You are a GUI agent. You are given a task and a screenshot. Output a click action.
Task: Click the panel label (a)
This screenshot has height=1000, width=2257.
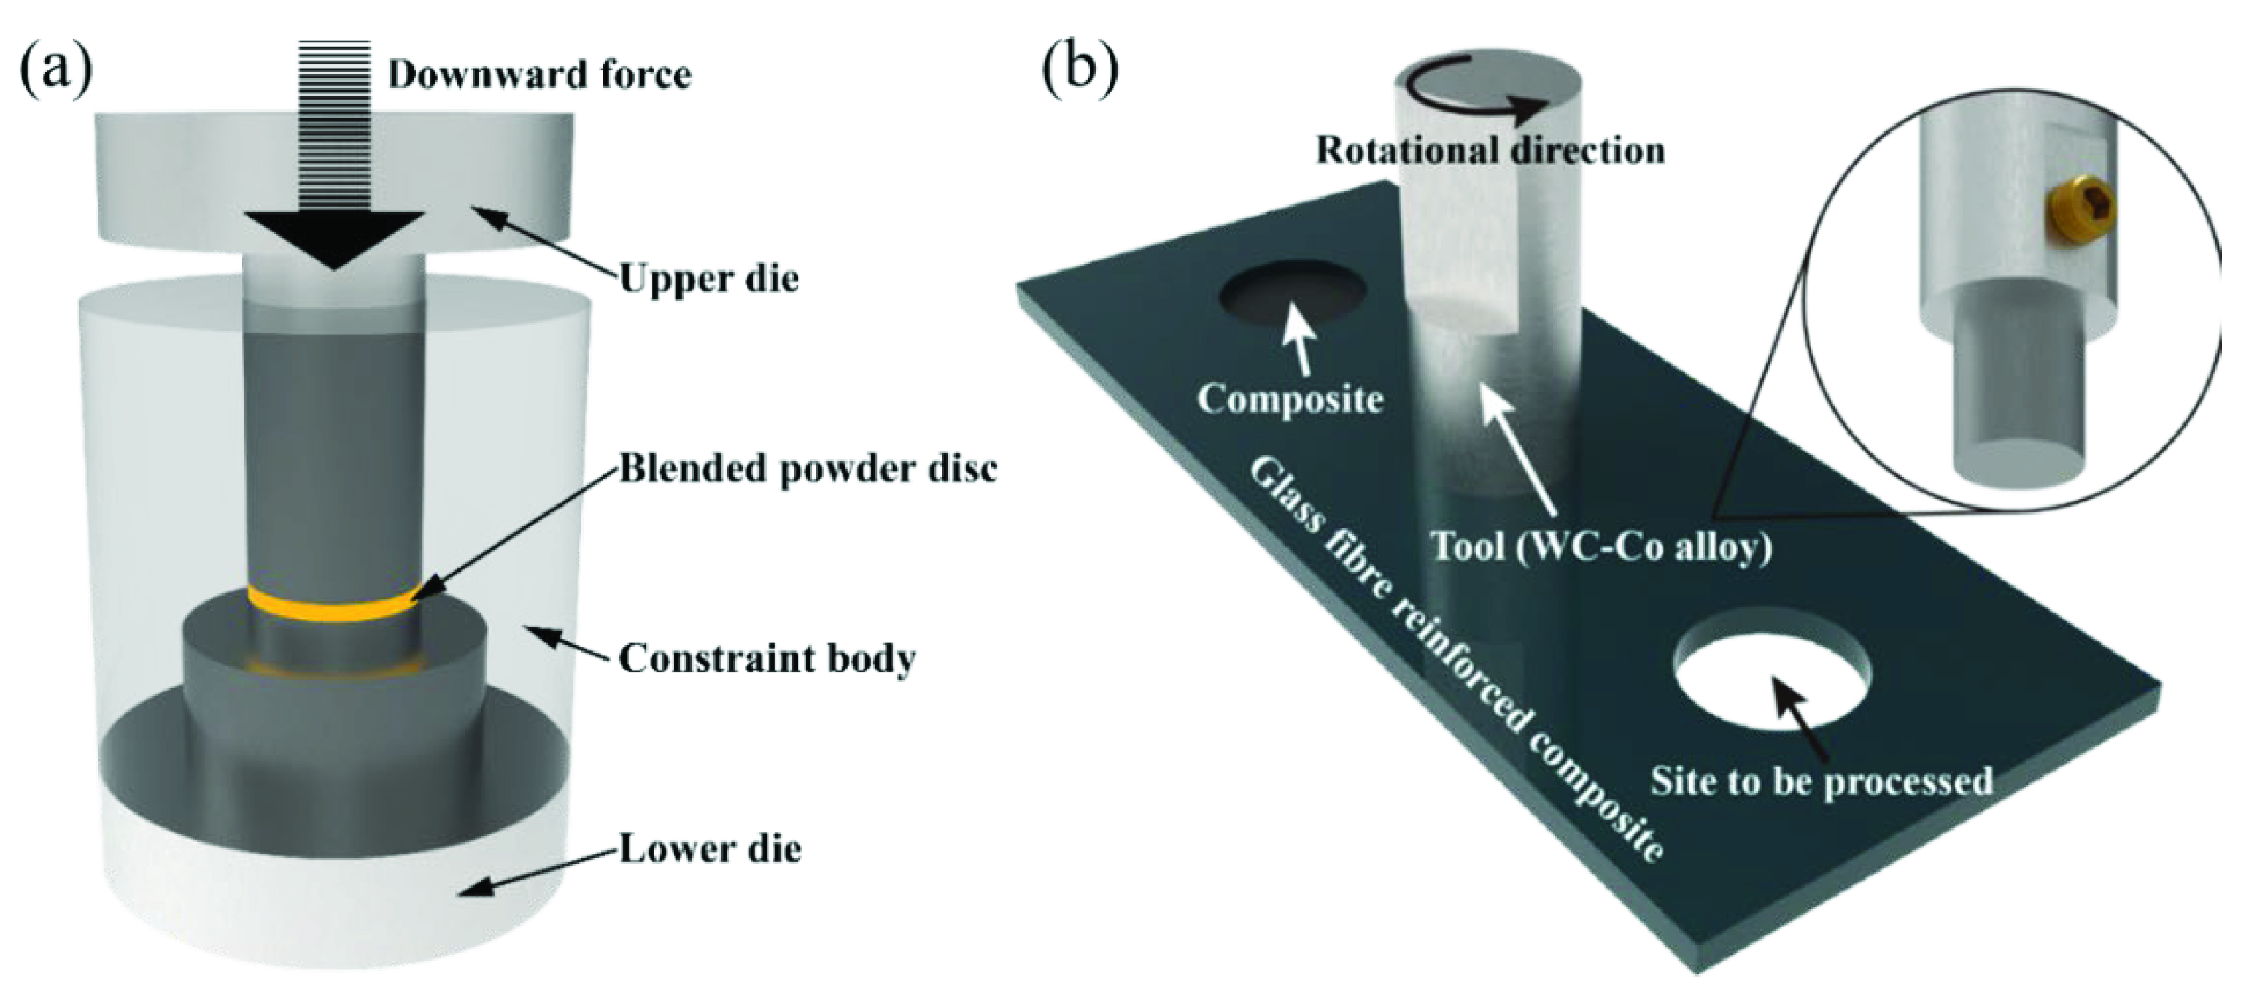[x=55, y=69]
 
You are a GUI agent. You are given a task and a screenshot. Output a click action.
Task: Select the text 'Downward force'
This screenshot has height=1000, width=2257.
[x=540, y=74]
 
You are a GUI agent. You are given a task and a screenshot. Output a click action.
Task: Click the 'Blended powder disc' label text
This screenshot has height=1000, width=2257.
[x=808, y=469]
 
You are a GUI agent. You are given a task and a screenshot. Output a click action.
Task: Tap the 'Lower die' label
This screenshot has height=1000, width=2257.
[x=710, y=848]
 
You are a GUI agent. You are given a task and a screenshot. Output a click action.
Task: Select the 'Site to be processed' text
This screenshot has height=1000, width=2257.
[x=1822, y=781]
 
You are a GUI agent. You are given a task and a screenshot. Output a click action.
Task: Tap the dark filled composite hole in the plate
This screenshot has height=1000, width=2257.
[x=1291, y=298]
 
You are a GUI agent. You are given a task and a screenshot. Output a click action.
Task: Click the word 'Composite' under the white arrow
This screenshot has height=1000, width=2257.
[x=1290, y=399]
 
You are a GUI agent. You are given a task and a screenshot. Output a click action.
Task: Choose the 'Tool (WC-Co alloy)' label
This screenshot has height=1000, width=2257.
[x=1600, y=546]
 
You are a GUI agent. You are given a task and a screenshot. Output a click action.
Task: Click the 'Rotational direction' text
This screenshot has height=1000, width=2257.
[x=1490, y=151]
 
